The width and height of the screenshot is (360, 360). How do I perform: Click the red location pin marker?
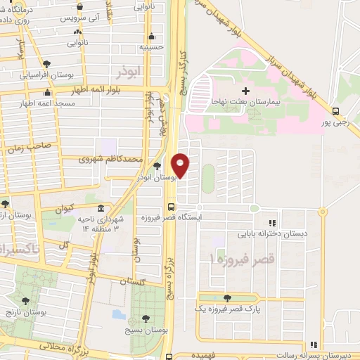(181, 165)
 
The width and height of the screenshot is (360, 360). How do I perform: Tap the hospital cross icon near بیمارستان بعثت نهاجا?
(245, 91)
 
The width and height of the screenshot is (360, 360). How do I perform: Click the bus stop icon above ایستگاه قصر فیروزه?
(172, 207)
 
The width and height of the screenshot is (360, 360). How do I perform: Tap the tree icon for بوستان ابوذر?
(157, 167)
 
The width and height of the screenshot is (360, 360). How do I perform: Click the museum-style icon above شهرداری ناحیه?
(103, 209)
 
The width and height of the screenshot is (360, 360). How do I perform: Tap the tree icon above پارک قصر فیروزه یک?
(226, 298)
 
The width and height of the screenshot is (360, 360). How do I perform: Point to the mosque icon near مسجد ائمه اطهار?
(47, 92)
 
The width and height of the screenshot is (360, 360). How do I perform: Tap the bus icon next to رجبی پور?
(335, 111)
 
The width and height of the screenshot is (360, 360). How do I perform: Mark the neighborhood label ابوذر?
(131, 72)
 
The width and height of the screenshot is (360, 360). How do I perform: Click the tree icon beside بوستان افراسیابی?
(46, 63)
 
